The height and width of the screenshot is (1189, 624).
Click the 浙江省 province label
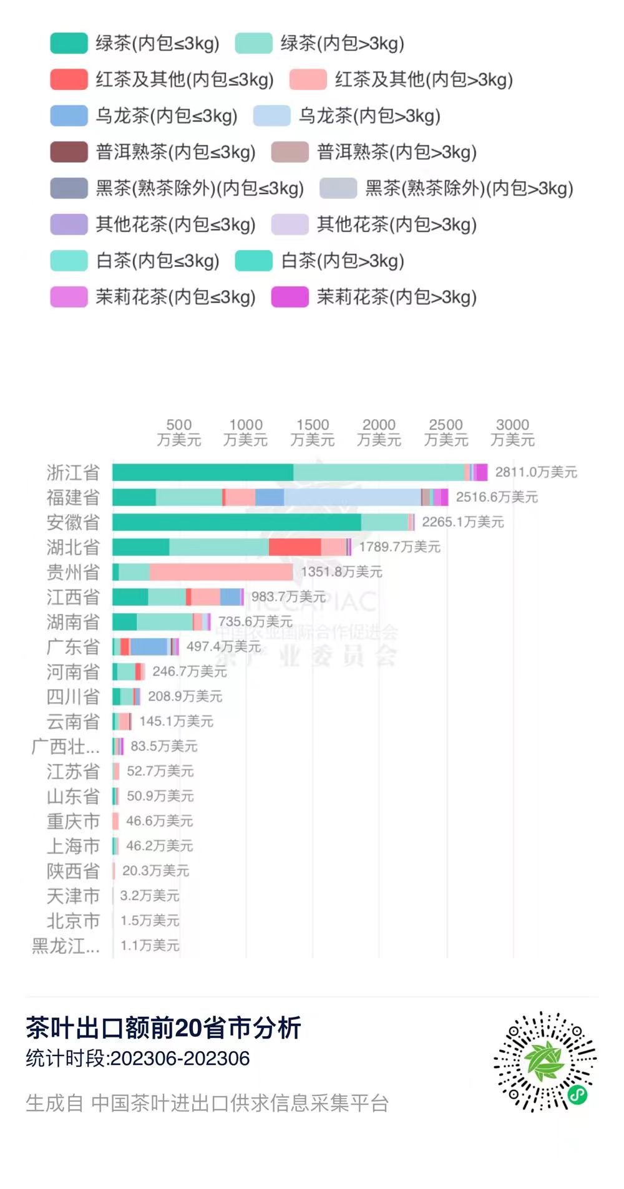73,473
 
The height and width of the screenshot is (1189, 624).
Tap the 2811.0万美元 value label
535,472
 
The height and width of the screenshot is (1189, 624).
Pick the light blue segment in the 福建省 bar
352,497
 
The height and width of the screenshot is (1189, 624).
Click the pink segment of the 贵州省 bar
221,572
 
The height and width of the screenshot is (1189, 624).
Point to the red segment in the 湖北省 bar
295,547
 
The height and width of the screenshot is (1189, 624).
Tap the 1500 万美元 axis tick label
313,432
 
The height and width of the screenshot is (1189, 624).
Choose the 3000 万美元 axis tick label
512,432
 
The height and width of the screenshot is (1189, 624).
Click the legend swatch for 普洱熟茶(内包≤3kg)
69,152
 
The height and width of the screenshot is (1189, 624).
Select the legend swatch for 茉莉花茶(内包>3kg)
290,297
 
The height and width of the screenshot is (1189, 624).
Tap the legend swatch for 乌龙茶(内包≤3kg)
69,116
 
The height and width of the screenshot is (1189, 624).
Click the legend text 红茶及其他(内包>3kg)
424,80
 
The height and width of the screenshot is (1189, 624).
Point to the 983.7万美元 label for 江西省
288,597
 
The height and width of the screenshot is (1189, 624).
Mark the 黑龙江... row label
66,946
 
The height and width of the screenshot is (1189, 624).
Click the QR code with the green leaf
545,1061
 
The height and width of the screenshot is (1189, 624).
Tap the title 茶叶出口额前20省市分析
163,1027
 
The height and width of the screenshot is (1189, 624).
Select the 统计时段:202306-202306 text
138,1058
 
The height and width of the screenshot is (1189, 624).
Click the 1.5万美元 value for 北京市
150,921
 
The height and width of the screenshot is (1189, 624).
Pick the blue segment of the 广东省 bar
149,647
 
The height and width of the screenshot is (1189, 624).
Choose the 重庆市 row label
73,821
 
